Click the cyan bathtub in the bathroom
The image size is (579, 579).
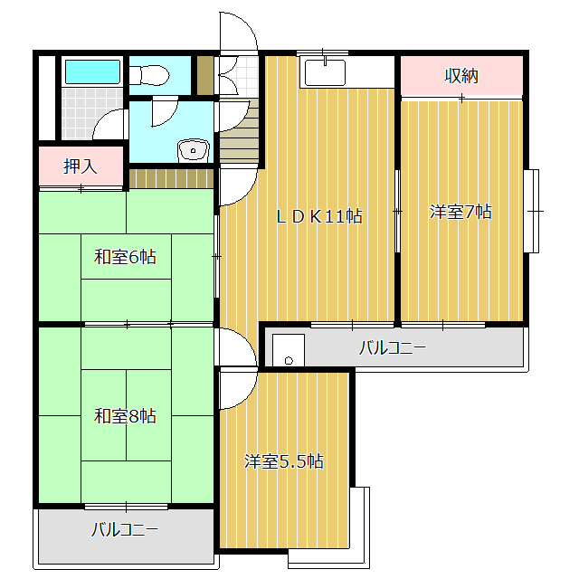click(92, 71)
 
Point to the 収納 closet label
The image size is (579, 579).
click(461, 75)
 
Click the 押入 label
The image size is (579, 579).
click(80, 166)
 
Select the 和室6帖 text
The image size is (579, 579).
click(126, 257)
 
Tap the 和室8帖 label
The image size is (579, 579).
click(126, 416)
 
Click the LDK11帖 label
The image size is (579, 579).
click(319, 216)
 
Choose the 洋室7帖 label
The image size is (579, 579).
click(460, 213)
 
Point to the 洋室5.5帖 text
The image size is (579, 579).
click(284, 461)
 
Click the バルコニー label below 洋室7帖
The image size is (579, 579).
click(392, 347)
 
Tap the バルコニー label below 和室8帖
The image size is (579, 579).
click(124, 530)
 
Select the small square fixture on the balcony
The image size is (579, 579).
click(289, 350)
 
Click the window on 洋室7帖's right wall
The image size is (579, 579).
click(531, 210)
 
